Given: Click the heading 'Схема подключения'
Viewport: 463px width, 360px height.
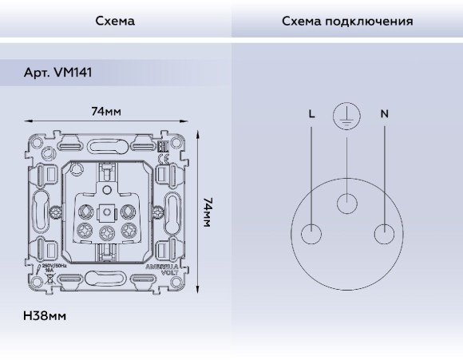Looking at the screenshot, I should point(347,22).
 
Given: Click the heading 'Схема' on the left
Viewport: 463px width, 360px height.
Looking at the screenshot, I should point(115,22).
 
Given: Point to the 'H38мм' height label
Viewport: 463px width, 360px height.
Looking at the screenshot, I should point(46,316).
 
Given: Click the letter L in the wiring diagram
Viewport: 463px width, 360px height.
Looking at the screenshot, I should point(311,114).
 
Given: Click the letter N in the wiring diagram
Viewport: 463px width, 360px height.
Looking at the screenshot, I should point(384,114).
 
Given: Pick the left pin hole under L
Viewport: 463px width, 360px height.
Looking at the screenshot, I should point(312,233).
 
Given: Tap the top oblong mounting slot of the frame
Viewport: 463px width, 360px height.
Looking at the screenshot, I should point(106,146).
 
